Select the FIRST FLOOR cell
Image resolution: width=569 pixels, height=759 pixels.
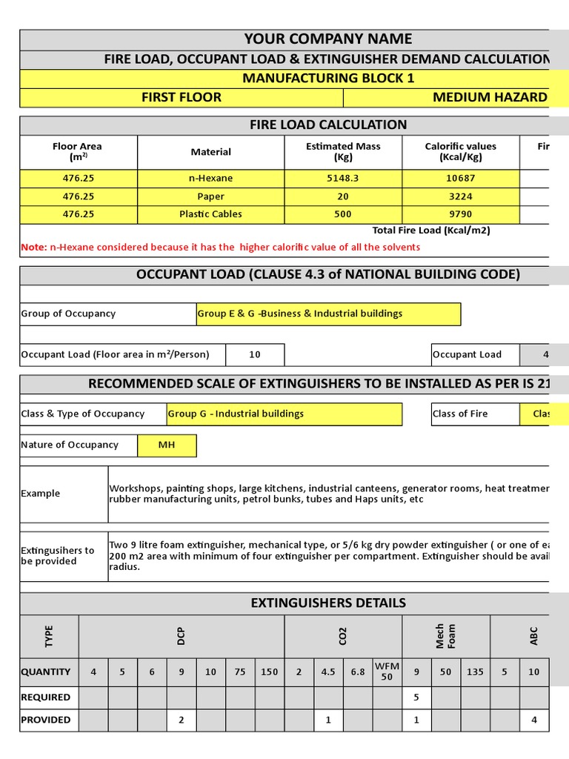coord(182,97)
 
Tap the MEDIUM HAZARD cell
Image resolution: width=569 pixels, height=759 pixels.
coord(490,97)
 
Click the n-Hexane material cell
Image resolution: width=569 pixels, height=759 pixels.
coord(211,179)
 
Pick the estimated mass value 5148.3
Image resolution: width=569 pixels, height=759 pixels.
coord(343,179)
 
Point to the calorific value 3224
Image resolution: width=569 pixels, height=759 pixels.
coord(461,196)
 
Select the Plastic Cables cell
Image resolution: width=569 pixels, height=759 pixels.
coord(211,214)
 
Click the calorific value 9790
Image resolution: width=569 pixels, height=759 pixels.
coord(461,214)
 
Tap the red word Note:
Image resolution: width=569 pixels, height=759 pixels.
coord(34,247)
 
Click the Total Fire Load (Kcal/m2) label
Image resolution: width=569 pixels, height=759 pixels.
coord(430,231)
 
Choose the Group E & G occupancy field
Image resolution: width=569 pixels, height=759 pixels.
coord(328,314)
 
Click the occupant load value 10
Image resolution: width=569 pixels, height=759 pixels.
coord(255,354)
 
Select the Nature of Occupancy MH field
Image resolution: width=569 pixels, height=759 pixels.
coord(167,445)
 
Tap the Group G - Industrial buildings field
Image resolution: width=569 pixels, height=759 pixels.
coord(284,414)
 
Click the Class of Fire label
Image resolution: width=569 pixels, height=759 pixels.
coord(460,414)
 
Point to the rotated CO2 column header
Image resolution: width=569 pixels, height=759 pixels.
coord(343,636)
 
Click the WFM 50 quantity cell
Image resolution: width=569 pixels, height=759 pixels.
coord(387,672)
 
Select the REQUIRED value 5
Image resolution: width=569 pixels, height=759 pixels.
coord(416,697)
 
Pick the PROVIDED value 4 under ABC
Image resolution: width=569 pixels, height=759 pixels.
coord(534,719)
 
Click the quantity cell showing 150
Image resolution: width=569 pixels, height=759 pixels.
coord(270,672)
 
